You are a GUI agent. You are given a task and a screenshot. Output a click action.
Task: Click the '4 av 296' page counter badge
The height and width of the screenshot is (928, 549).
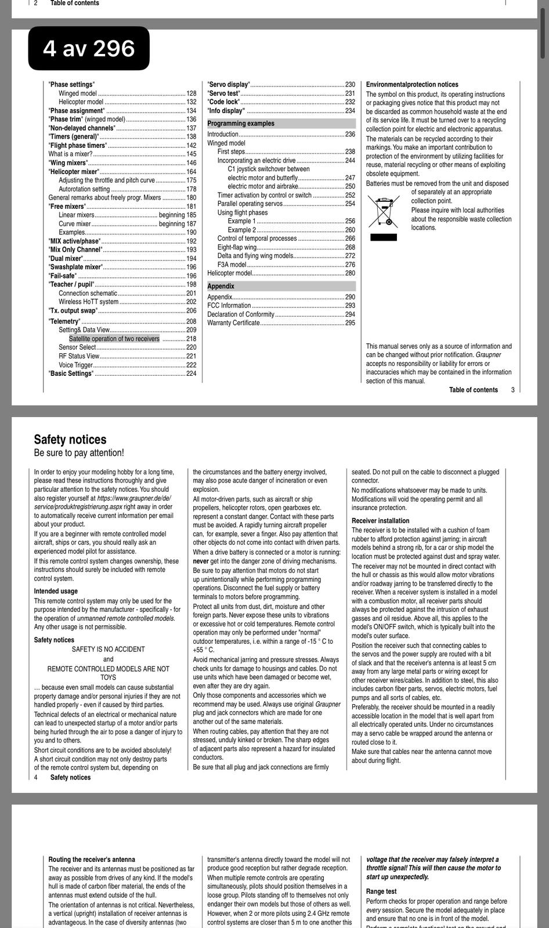tap(89, 48)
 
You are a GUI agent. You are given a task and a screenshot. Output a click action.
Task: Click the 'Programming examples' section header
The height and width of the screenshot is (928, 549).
tap(241, 124)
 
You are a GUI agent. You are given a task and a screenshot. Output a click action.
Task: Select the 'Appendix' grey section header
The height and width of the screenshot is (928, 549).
tap(221, 287)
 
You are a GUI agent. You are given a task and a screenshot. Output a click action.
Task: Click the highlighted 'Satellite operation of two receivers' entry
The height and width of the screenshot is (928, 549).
tap(114, 339)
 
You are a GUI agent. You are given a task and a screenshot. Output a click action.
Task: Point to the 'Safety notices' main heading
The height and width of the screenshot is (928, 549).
tap(70, 440)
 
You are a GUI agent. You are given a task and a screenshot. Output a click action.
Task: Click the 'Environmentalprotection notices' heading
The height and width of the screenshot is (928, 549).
tap(412, 85)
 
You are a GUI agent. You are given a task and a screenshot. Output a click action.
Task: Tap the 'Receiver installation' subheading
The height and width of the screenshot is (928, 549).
tap(381, 521)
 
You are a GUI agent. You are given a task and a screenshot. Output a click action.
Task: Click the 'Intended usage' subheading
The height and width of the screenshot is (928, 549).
tap(56, 591)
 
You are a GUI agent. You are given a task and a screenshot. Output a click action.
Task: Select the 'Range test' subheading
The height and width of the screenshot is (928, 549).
tap(381, 891)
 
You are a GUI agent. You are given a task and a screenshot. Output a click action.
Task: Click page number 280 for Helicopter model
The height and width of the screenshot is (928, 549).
tap(350, 273)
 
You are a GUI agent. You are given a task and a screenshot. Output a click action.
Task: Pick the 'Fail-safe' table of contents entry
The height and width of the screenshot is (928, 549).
tap(63, 276)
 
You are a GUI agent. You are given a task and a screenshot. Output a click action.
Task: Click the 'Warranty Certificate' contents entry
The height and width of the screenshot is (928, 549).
tap(234, 323)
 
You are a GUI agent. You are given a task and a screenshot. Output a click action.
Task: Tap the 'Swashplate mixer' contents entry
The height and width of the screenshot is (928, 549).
tap(75, 267)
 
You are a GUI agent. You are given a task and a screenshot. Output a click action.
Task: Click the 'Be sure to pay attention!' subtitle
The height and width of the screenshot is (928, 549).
tap(79, 453)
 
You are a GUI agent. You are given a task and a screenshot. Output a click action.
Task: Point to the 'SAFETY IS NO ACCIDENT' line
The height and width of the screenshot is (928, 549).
tap(109, 650)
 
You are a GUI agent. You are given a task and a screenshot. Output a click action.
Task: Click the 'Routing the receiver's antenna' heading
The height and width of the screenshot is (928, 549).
tap(92, 860)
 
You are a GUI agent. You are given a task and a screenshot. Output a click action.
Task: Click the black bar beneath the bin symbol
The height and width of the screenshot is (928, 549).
tap(384, 237)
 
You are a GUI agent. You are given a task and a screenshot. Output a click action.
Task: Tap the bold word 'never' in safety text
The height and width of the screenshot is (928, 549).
tap(201, 561)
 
